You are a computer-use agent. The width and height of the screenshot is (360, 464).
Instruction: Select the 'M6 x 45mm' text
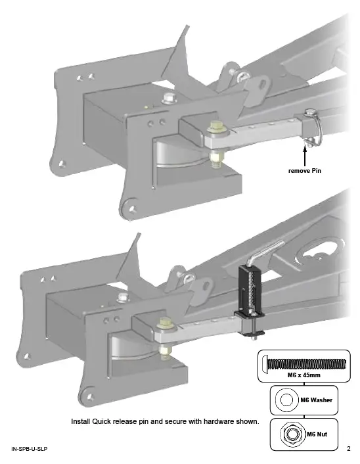click(x=304, y=375)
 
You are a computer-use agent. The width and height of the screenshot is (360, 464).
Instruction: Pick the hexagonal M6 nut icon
click(x=288, y=434)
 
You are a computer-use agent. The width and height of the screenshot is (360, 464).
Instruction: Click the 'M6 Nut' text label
click(x=316, y=434)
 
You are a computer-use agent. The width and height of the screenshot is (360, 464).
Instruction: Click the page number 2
click(x=349, y=449)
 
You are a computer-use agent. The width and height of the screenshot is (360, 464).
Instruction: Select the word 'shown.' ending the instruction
click(x=248, y=421)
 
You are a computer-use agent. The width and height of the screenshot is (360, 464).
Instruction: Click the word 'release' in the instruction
click(x=133, y=421)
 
